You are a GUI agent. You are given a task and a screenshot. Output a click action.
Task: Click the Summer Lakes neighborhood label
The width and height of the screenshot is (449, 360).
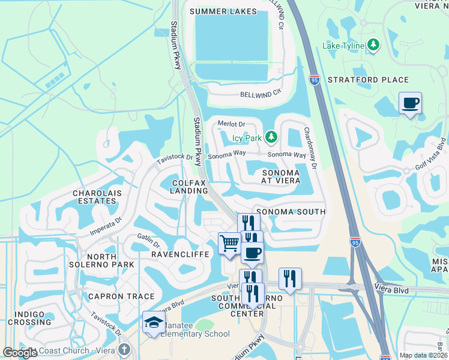pos(223,11)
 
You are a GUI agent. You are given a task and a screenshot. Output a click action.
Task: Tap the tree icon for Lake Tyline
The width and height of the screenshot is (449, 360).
pos(373,44)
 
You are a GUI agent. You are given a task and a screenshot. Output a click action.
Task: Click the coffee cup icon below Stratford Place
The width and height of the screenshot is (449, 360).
pos(410,104)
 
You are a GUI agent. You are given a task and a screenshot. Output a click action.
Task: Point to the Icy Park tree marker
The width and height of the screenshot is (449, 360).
pos(271,138)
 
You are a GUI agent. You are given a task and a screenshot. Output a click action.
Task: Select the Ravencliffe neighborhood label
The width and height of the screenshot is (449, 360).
pos(179,254)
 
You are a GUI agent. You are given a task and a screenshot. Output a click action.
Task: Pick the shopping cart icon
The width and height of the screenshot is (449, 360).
pos(229,244)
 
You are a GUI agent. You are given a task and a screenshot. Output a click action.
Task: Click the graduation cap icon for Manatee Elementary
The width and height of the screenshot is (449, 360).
pos(154,323)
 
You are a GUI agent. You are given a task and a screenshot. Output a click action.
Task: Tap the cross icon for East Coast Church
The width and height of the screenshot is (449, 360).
pos(124,349)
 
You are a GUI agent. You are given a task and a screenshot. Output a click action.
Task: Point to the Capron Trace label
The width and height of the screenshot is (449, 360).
pos(121,296)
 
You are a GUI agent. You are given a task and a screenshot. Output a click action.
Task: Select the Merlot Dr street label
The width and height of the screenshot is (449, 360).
pos(229,124)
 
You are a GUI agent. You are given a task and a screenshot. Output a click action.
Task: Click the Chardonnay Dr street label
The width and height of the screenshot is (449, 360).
pos(310,147)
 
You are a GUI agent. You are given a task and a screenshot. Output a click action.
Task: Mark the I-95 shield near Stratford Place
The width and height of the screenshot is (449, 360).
pos(316,79)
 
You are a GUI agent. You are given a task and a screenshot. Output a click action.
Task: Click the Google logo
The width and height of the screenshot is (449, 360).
pos(20,353)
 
